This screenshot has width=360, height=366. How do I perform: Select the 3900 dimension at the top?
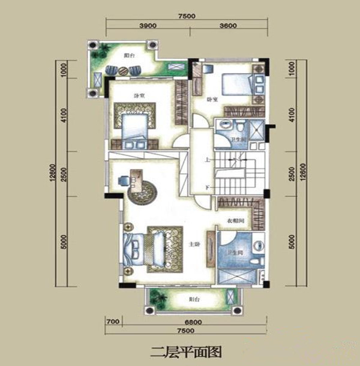(147, 26)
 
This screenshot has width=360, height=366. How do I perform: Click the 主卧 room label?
(194, 244)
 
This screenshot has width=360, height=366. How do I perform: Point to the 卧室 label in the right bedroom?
(211, 99)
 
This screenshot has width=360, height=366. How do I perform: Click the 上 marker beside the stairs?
(207, 161)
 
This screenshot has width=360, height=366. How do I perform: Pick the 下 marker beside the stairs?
(207, 188)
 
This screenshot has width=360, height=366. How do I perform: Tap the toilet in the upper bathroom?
(239, 127)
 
